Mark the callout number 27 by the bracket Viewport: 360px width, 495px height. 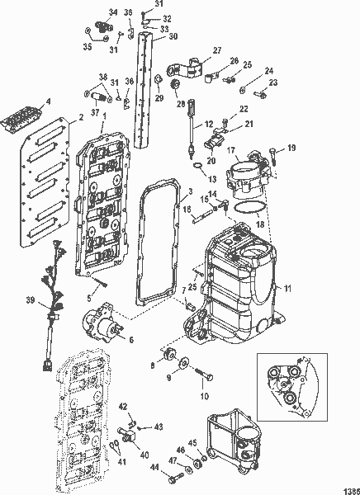pos(217,50)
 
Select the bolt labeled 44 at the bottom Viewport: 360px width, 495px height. pos(171,477)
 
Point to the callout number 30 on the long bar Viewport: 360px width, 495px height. pos(173,36)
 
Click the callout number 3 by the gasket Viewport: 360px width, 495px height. pos(190,192)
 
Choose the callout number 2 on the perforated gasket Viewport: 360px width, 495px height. pos(81,118)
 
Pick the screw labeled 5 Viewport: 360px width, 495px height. pos(102,283)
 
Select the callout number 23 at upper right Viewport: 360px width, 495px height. pos(273,82)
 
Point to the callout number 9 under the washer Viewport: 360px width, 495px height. pos(171,379)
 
